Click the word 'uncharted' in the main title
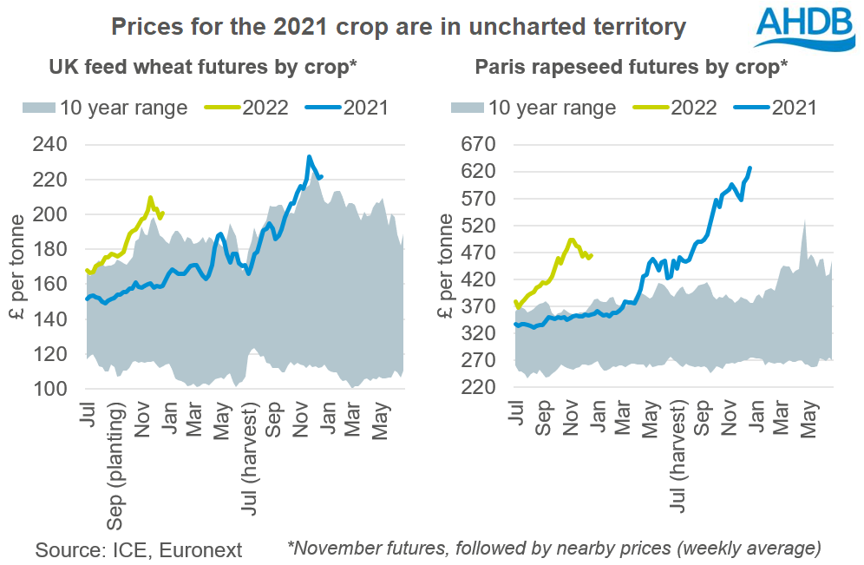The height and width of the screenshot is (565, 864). click(508, 26)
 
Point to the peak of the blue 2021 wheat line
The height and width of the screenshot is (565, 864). click(310, 157)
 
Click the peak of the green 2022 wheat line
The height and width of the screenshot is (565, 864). click(151, 198)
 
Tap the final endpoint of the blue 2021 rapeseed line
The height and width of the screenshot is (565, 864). click(749, 168)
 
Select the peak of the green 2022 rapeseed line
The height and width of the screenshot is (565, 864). click(570, 239)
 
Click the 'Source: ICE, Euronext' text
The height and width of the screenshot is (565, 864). click(139, 549)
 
